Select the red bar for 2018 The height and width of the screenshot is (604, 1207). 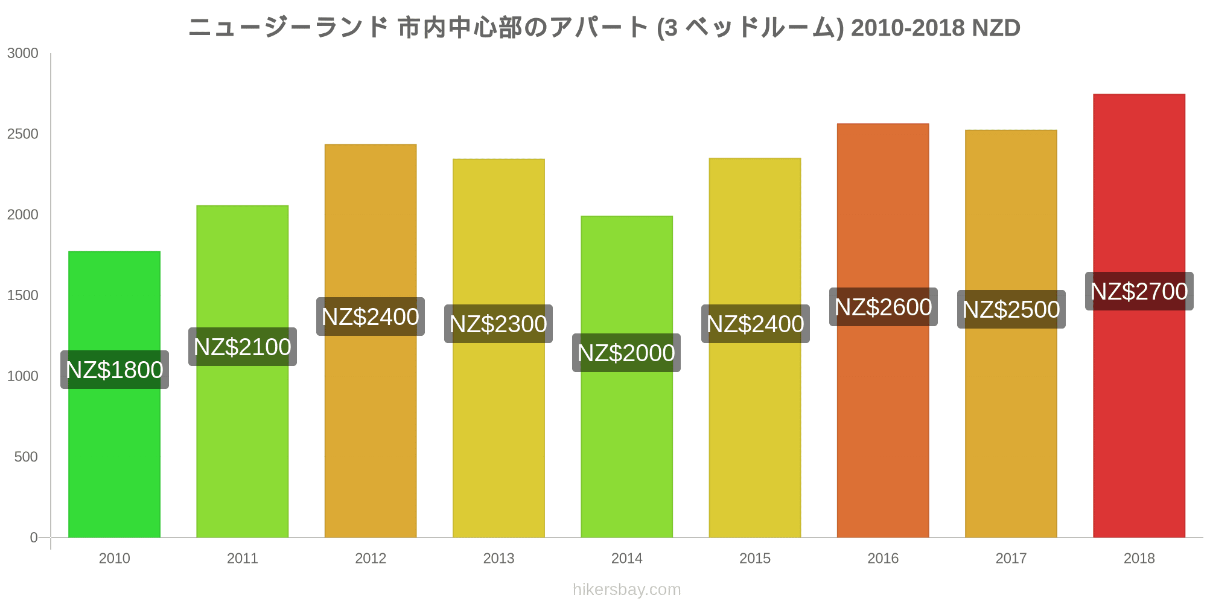pyautogui.click(x=1139, y=423)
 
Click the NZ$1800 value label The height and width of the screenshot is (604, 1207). pyautogui.click(x=114, y=370)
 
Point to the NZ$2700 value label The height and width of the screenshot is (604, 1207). pyautogui.click(x=1139, y=291)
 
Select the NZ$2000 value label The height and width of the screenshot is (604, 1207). pyautogui.click(x=626, y=353)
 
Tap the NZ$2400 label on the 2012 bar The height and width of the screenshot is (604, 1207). pyautogui.click(x=370, y=316)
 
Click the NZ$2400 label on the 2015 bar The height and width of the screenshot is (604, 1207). pyautogui.click(x=755, y=324)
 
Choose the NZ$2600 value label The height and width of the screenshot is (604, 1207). pyautogui.click(x=883, y=307)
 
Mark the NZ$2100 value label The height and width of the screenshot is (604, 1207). pyautogui.click(x=242, y=347)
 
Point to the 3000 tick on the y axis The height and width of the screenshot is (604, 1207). pyautogui.click(x=23, y=53)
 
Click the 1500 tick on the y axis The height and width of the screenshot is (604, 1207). pyautogui.click(x=23, y=295)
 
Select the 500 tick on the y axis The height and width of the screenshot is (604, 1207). pyautogui.click(x=27, y=457)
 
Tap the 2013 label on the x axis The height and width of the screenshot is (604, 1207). pyautogui.click(x=498, y=558)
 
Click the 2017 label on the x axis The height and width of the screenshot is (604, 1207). pyautogui.click(x=1011, y=558)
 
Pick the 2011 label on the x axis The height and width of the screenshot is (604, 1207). pyautogui.click(x=242, y=558)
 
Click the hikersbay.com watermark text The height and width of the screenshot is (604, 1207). pyautogui.click(x=626, y=590)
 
